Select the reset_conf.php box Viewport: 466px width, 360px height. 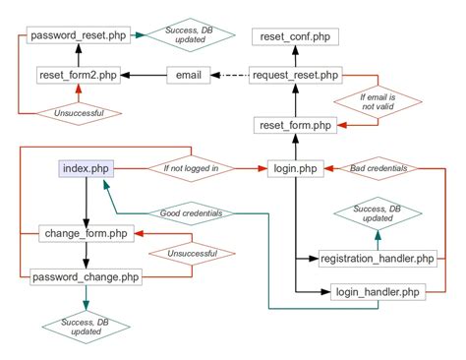coord(296,36)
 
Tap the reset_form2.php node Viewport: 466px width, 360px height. coord(79,75)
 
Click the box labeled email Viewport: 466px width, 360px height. coord(189,75)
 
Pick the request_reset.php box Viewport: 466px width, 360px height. coord(296,75)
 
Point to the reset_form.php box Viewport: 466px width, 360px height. coord(296,125)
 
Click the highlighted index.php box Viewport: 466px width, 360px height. coord(86,169)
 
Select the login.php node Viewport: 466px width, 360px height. coord(296,169)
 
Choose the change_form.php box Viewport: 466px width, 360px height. coord(86,233)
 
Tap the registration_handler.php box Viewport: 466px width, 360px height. coord(377,259)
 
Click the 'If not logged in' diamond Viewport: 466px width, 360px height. coord(191,169)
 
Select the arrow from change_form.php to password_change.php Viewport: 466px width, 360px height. coord(86,255)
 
